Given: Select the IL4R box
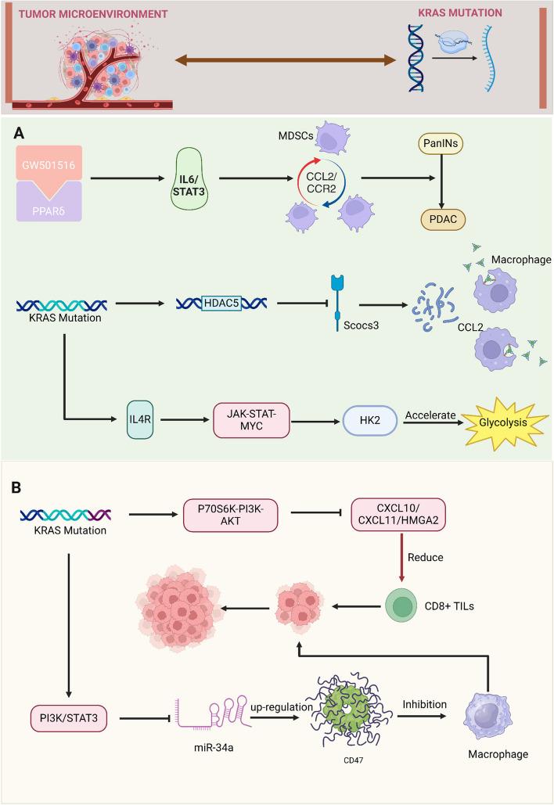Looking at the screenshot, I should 152,408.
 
